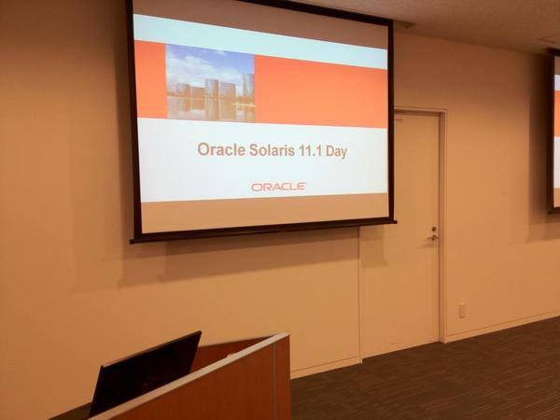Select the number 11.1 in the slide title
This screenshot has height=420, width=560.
point(315,150)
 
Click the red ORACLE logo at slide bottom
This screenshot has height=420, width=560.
point(278,187)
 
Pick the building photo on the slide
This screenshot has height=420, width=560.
point(210,83)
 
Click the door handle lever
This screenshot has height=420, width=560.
point(432,237)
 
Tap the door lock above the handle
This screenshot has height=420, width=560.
point(433,228)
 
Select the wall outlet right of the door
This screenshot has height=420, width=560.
point(462,309)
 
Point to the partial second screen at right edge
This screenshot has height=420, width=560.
point(554,131)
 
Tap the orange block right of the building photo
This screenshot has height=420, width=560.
point(320,91)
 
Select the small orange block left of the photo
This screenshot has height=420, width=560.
point(150,80)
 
